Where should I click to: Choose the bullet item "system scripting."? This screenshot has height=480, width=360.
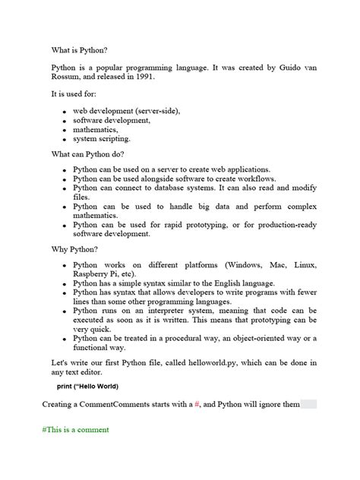(102, 139)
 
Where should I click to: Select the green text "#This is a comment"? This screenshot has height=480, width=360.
(76, 429)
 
